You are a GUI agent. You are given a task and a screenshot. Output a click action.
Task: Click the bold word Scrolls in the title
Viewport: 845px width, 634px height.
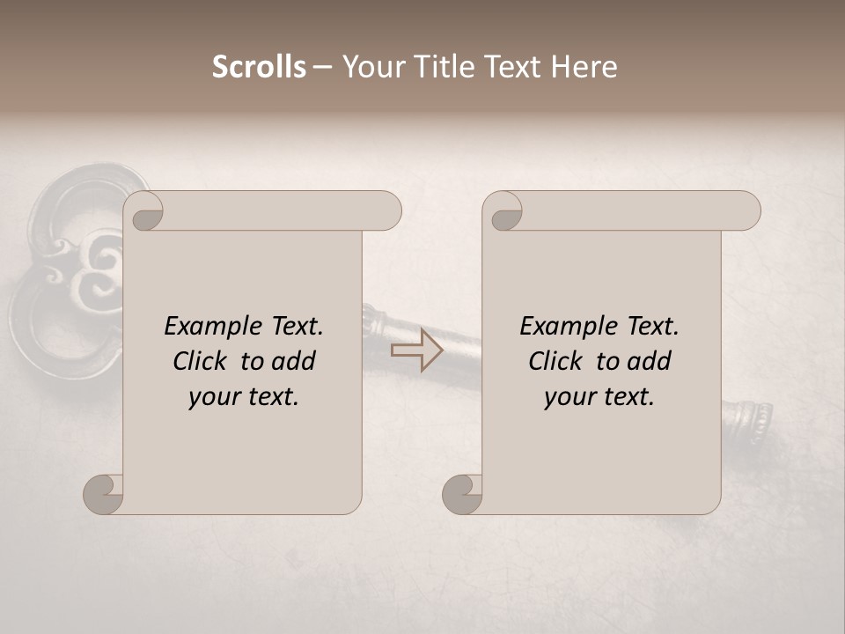coord(259,67)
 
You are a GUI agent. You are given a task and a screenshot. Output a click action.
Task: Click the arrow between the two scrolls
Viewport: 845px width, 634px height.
coord(416,350)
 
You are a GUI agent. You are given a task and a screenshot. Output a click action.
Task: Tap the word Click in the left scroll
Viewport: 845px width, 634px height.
coord(202,361)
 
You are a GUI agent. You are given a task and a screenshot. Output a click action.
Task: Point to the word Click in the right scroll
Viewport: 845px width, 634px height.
coord(557,361)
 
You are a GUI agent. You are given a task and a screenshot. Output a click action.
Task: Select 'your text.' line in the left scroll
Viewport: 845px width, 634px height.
coord(244,396)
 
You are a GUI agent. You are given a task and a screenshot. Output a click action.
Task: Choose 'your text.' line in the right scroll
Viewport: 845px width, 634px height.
coord(599,396)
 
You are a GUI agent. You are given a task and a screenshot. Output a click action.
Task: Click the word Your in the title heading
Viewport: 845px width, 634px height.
coord(371,67)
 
